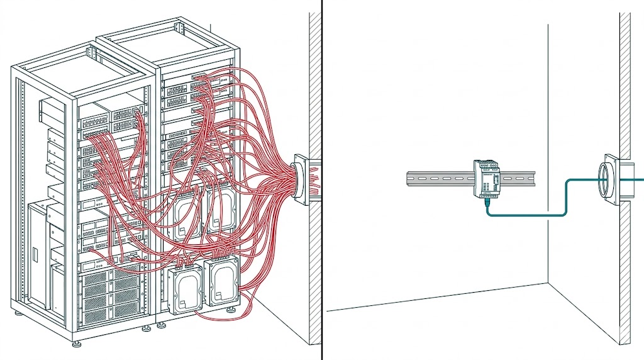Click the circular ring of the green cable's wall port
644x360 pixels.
pyautogui.click(x=604, y=179)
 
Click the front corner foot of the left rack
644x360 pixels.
pyautogui.click(x=77, y=343)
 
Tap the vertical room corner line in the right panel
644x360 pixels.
pyautogui.click(x=548, y=157)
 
